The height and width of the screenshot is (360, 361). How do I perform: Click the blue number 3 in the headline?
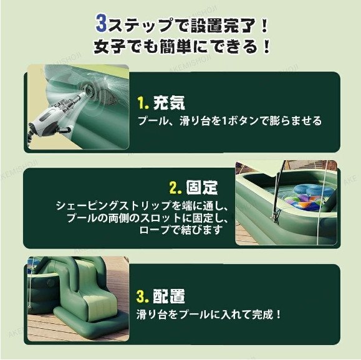coord(102,24)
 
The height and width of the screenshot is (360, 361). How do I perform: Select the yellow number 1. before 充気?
coord(143,103)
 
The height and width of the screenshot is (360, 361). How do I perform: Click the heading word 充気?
coord(169,102)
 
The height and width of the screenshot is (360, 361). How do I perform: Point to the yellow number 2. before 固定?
coord(176,187)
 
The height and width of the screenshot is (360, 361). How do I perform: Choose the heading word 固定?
coord(201,187)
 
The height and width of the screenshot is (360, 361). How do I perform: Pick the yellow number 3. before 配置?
coord(143,296)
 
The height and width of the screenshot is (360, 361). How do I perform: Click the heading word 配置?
coord(169,296)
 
